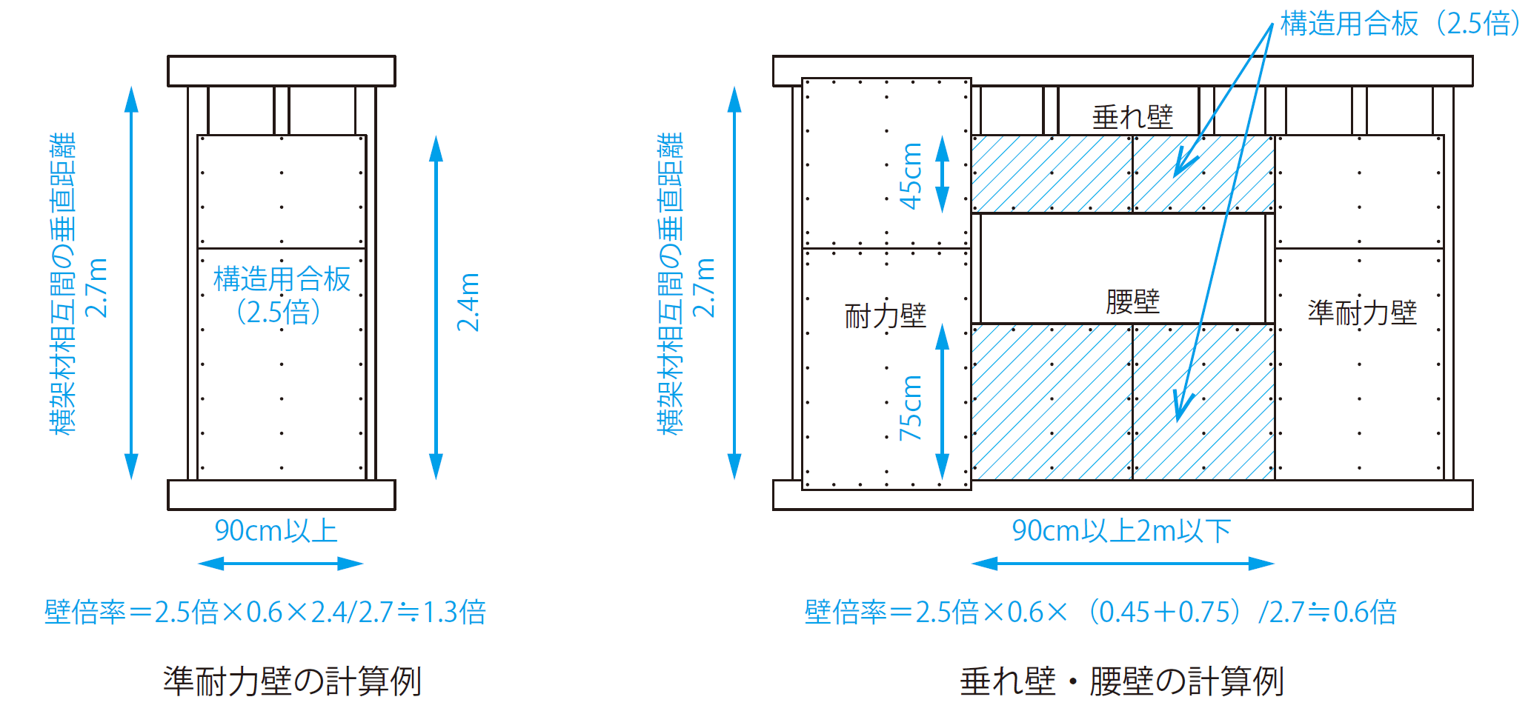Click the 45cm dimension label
click(x=910, y=176)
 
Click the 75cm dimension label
click(x=910, y=407)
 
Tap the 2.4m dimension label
click(x=468, y=302)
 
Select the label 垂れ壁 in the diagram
click(x=1132, y=117)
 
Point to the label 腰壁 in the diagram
click(x=1132, y=301)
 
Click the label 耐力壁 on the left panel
click(x=886, y=316)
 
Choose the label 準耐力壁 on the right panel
click(x=1362, y=313)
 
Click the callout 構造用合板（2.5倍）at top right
click(x=1399, y=24)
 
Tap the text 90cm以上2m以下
click(x=1121, y=531)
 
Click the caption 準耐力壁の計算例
click(x=292, y=681)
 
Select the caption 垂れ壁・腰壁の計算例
click(x=1121, y=681)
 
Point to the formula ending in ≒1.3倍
click(x=265, y=612)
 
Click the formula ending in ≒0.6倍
click(x=1100, y=612)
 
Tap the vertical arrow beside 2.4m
click(x=436, y=307)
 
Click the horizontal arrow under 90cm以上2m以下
click(x=1123, y=564)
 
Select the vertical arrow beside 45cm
click(x=942, y=175)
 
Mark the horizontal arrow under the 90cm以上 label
click(x=281, y=564)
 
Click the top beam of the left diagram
click(x=282, y=71)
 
